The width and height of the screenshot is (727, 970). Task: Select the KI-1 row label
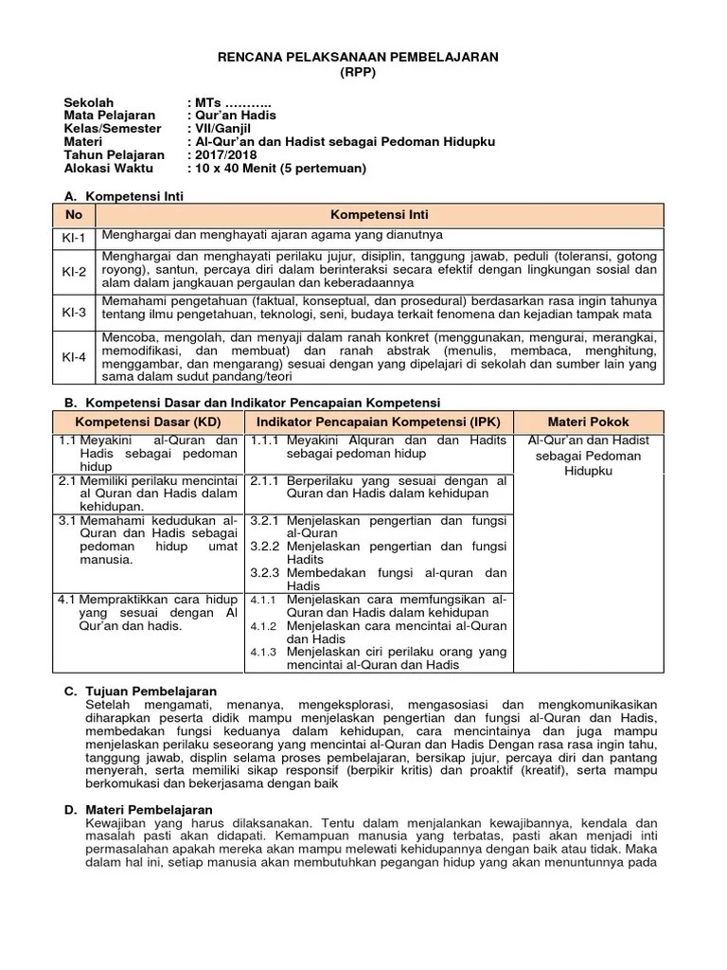pos(74,237)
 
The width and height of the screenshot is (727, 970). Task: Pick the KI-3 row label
pos(74,311)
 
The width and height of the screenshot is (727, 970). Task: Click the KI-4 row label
pos(74,357)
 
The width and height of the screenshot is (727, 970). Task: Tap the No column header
pos(74,215)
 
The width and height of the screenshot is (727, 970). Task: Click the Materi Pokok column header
pos(588,422)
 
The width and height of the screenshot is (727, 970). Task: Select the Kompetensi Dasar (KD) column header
pos(147,422)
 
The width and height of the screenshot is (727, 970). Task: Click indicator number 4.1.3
pos(263,652)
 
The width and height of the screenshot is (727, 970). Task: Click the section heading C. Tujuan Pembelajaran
pos(140,692)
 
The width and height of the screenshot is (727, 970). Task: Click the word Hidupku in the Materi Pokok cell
pos(588,470)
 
